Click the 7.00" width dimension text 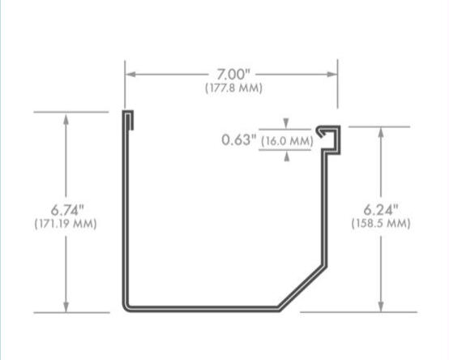tap(233, 75)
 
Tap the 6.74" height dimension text tap(66, 209)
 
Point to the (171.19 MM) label tap(66, 223)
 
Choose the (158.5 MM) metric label tap(380, 223)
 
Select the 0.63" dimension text tap(239, 140)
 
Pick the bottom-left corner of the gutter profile tap(126, 306)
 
